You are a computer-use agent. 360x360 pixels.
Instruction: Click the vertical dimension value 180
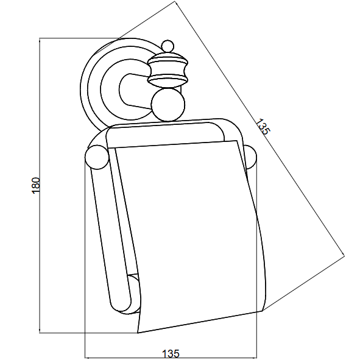coord(36,186)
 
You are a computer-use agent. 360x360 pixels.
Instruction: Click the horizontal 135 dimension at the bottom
coord(171,354)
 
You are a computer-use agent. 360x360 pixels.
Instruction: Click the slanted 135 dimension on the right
coord(263,127)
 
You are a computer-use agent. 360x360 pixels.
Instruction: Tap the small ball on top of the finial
coord(168,46)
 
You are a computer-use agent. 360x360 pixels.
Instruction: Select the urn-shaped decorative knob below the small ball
coord(168,69)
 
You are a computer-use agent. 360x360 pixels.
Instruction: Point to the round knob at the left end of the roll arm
coord(97,158)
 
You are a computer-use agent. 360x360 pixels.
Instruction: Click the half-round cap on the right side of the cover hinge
coord(250,157)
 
